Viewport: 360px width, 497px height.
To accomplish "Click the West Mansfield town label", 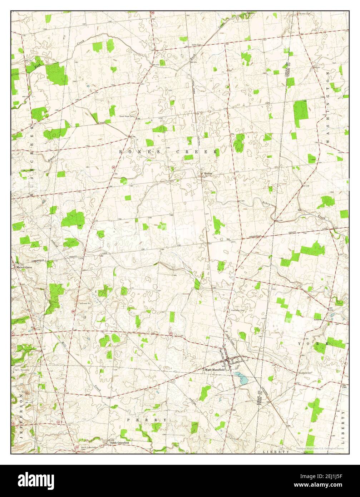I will [x=214, y=370].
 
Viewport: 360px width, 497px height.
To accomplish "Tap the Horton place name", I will [x=208, y=173].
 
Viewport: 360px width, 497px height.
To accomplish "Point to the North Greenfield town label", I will [x=119, y=443].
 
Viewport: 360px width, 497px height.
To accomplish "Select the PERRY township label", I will [x=147, y=419].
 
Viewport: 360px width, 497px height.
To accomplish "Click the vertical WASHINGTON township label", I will [x=327, y=107].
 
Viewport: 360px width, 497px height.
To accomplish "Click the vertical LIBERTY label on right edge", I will [x=344, y=426].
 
